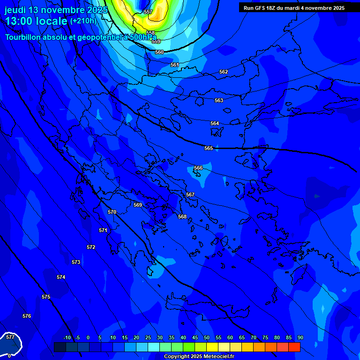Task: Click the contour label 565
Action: (x=209, y=148)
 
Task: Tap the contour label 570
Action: (x=112, y=212)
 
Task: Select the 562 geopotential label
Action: (x=224, y=72)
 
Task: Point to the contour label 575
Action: (x=46, y=297)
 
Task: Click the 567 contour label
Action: (x=190, y=195)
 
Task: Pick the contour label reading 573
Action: (x=76, y=262)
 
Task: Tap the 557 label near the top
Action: (x=148, y=12)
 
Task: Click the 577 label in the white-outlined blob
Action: (x=10, y=337)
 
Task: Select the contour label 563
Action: (x=219, y=100)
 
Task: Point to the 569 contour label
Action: (x=138, y=205)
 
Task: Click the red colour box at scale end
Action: (x=294, y=347)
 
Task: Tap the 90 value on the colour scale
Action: (x=300, y=337)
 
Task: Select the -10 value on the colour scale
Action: (x=67, y=337)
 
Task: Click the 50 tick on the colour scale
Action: (x=207, y=337)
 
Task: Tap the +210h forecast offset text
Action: (x=83, y=21)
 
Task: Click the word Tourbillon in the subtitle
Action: (x=25, y=37)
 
